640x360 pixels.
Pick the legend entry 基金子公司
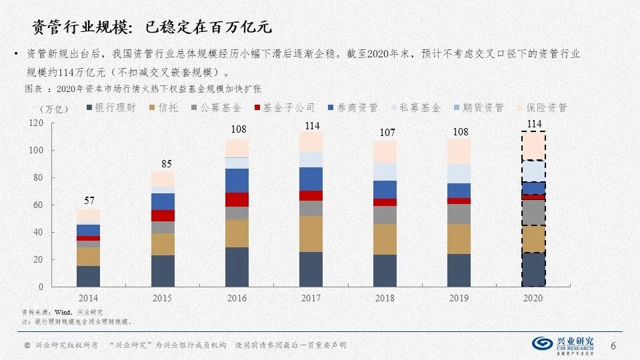tap(283, 107)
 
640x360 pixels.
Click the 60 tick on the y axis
tap(37, 205)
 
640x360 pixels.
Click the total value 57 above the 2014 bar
tap(89, 201)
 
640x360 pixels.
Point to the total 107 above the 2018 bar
tap(385, 133)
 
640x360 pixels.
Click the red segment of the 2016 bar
tap(237, 199)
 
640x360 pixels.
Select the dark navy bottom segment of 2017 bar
tap(311, 269)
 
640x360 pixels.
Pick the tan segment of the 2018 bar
tap(385, 239)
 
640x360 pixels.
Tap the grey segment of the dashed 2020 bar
tap(533, 213)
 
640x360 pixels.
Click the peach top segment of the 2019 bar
tap(459, 151)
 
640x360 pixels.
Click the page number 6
tap(613, 345)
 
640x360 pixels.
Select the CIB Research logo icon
tap(542, 343)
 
